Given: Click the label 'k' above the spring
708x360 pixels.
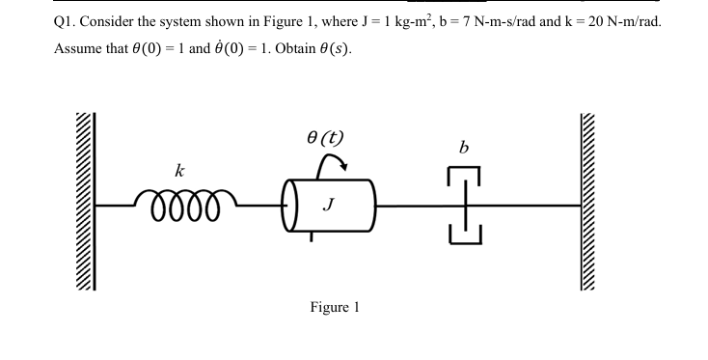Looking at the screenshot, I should pos(178,170).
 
